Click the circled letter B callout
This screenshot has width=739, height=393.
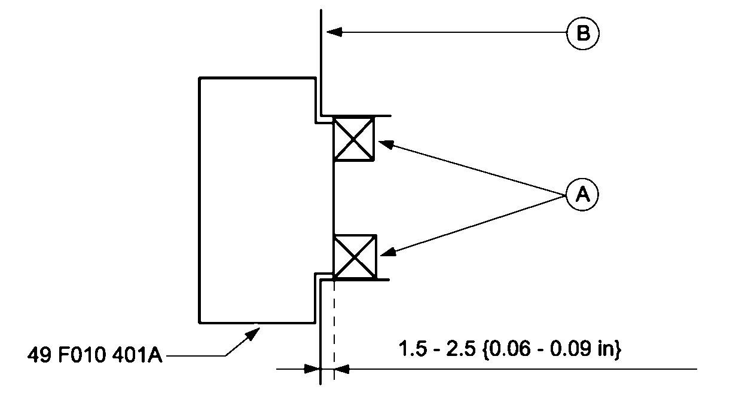tap(582, 33)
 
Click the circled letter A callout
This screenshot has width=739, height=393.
tap(582, 194)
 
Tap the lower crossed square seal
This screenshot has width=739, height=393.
tap(355, 257)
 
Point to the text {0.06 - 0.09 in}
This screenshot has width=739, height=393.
tap(554, 349)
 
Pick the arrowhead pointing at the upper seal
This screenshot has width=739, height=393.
tap(386, 144)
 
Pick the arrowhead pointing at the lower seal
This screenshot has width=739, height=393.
tap(387, 253)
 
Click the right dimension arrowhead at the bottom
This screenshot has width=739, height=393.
tap(342, 369)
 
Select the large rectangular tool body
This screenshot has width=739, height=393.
tap(257, 200)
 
